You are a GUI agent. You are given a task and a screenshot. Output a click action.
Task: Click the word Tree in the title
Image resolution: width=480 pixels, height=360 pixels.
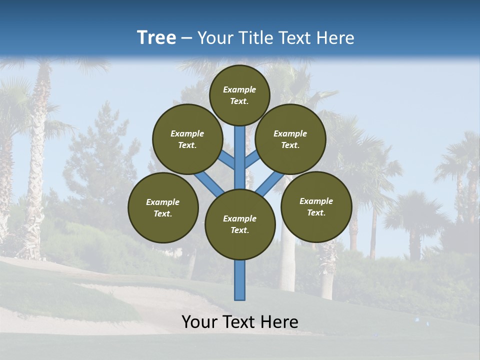[156, 38]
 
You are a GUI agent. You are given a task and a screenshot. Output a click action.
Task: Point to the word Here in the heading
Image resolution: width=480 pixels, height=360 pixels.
[335, 38]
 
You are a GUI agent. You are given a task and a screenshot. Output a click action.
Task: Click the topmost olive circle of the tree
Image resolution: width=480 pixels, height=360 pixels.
[239, 95]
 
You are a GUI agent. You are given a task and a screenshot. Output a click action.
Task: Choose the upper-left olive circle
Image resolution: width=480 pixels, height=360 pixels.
[187, 139]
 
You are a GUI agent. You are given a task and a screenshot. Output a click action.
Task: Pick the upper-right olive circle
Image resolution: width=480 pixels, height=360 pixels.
[290, 139]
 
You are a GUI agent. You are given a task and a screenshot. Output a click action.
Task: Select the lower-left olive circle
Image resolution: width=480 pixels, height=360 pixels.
[163, 207]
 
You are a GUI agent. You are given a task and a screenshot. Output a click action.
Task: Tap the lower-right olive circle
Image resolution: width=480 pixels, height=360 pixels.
[316, 206]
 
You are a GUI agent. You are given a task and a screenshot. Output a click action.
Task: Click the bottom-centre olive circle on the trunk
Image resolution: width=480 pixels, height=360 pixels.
[240, 224]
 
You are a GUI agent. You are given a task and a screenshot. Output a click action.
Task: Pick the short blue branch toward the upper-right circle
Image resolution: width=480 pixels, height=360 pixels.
[251, 159]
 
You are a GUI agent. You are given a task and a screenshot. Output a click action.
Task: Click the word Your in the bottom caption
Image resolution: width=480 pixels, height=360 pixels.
[199, 322]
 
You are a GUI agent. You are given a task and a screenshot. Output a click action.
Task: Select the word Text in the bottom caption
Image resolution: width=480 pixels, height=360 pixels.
[240, 322]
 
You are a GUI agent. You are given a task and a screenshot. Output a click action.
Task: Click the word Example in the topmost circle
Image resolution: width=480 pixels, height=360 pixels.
[239, 89]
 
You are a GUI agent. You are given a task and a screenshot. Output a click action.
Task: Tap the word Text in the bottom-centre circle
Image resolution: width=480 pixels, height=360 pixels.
[239, 230]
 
